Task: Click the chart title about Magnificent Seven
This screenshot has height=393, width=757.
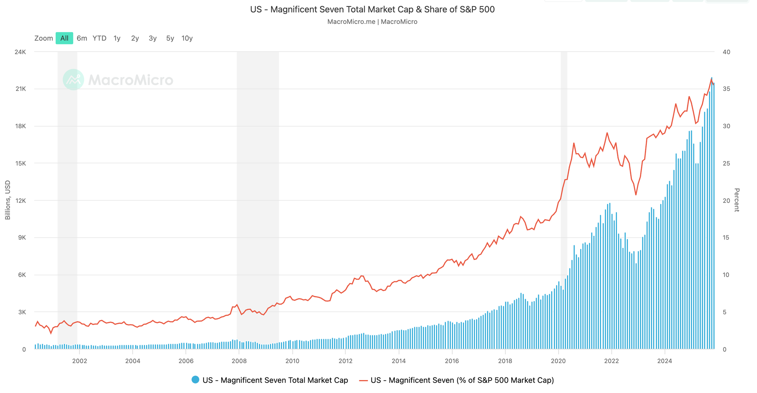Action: tap(372, 9)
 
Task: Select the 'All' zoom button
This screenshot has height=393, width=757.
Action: tap(64, 38)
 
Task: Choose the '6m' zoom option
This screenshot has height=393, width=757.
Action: tap(82, 38)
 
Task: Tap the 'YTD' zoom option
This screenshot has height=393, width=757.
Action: tap(100, 38)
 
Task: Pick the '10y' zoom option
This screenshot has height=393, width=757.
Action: tap(187, 38)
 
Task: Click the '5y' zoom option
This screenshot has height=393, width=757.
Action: tap(170, 38)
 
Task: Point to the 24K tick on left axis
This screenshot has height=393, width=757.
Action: tap(20, 52)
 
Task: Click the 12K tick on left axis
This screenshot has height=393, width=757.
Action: tap(20, 200)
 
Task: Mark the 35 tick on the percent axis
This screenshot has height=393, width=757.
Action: tap(726, 89)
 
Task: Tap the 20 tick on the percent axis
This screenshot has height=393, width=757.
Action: tap(726, 200)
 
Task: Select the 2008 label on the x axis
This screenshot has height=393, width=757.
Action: tap(239, 361)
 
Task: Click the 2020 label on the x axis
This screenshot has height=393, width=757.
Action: tap(558, 361)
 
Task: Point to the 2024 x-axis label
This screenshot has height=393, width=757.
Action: tap(665, 361)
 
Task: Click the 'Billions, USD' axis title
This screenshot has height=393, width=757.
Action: tap(8, 200)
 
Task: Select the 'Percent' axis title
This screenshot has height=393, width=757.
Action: tap(737, 200)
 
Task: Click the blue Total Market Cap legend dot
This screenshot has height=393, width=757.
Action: tap(195, 380)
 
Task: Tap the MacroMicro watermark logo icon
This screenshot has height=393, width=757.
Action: tap(73, 80)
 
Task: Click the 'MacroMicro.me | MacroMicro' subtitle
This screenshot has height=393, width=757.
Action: tap(372, 22)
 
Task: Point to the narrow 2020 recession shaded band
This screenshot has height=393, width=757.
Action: tap(564, 189)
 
